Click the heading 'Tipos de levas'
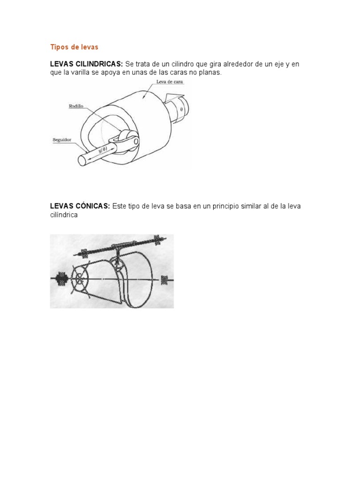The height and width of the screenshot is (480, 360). (x=74, y=47)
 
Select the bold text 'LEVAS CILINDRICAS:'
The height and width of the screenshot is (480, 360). (x=87, y=64)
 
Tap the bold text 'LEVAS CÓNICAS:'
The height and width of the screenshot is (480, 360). (x=80, y=206)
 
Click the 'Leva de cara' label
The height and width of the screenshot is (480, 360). (x=170, y=82)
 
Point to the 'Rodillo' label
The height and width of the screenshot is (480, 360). (x=76, y=107)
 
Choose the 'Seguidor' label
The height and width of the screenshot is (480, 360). (x=62, y=140)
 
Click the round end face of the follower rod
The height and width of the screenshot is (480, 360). (x=82, y=160)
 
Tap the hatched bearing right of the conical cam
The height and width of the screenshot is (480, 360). (x=165, y=280)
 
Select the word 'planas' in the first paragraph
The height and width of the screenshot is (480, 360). (x=209, y=73)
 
